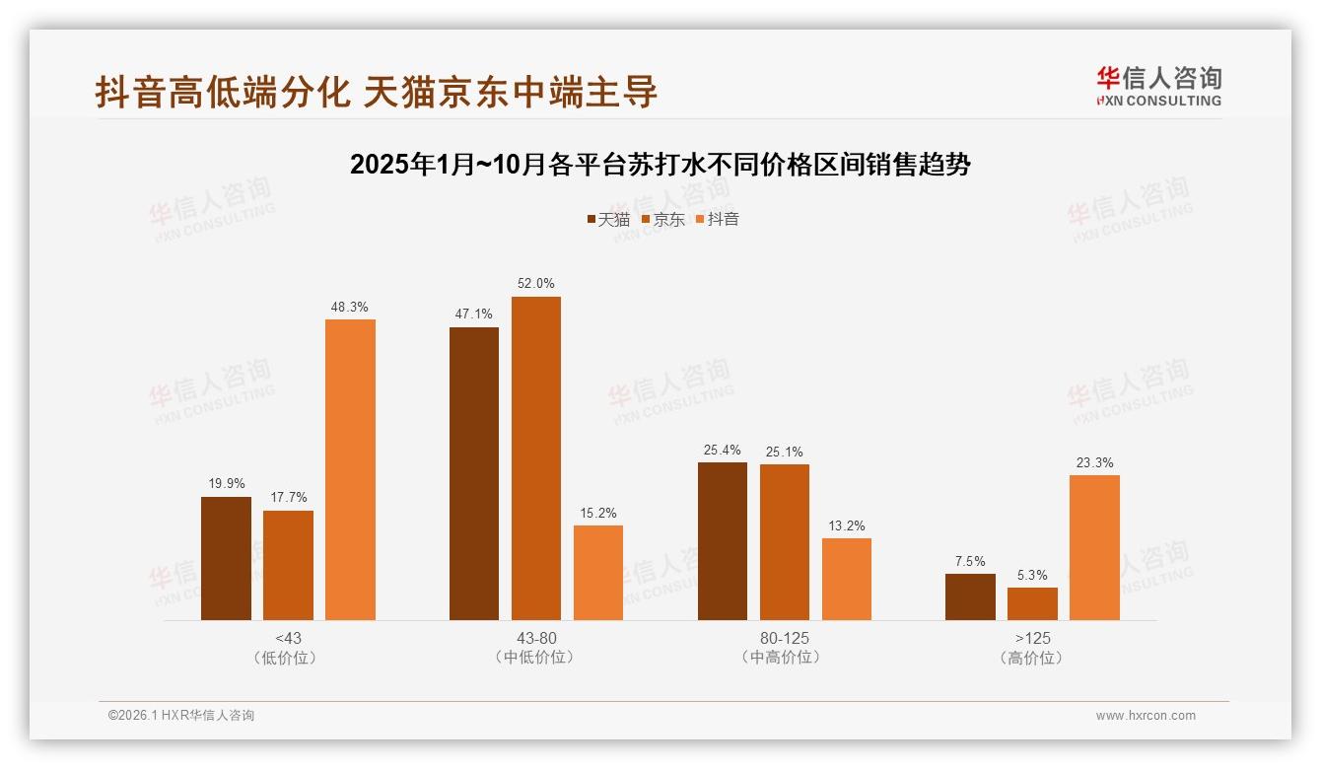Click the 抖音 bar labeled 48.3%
pyautogui.click(x=350, y=469)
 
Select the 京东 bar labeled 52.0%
pyautogui.click(x=536, y=458)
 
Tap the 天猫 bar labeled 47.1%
pyautogui.click(x=474, y=473)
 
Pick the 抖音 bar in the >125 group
pyautogui.click(x=1094, y=547)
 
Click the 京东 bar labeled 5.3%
pyautogui.click(x=1032, y=603)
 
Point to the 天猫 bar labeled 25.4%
pyautogui.click(x=723, y=541)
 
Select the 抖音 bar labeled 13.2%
pyautogui.click(x=847, y=579)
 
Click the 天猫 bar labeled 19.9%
pyautogui.click(x=226, y=558)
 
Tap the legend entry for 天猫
pyautogui.click(x=608, y=220)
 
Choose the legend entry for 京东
pyautogui.click(x=662, y=220)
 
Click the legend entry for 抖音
pyautogui.click(x=717, y=220)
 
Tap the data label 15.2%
pyautogui.click(x=598, y=514)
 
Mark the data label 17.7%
pyautogui.click(x=288, y=498)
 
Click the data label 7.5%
pyautogui.click(x=970, y=561)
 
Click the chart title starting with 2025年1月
pyautogui.click(x=660, y=165)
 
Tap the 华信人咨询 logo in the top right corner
pyautogui.click(x=1158, y=86)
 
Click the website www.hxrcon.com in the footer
pyautogui.click(x=1146, y=716)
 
